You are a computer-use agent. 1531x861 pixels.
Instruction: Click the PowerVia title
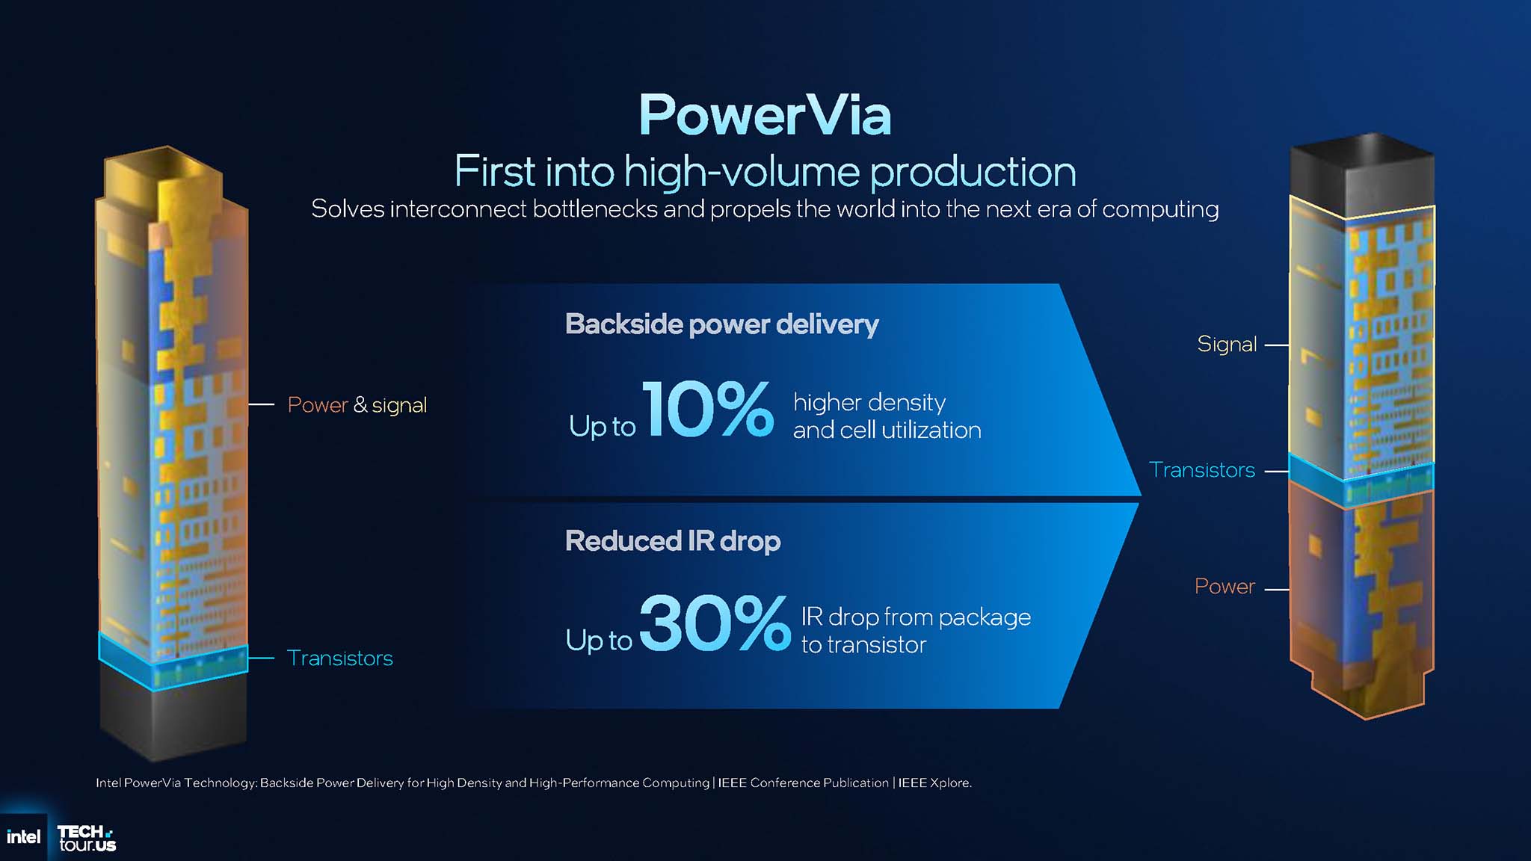[765, 116]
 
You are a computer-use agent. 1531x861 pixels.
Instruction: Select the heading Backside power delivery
[721, 324]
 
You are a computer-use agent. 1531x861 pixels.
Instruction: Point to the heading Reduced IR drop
[673, 541]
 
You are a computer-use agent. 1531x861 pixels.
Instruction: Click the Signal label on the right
[1227, 344]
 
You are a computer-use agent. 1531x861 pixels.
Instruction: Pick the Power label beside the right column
[1225, 587]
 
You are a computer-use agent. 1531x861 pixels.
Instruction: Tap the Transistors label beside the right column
[1201, 470]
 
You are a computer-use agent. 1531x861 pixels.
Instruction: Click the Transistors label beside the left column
[339, 658]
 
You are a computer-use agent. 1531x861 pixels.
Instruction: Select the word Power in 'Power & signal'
[318, 405]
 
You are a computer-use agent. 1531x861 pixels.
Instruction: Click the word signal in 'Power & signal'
[399, 405]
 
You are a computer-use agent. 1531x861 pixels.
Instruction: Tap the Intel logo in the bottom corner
[23, 837]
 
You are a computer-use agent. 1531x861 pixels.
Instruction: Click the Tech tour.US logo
[87, 838]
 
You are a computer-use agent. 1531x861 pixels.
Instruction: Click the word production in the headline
[973, 172]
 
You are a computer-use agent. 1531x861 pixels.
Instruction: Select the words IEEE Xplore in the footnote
[934, 783]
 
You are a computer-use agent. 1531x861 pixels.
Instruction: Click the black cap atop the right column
[1362, 176]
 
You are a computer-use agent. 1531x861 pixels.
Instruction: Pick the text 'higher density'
[869, 403]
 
